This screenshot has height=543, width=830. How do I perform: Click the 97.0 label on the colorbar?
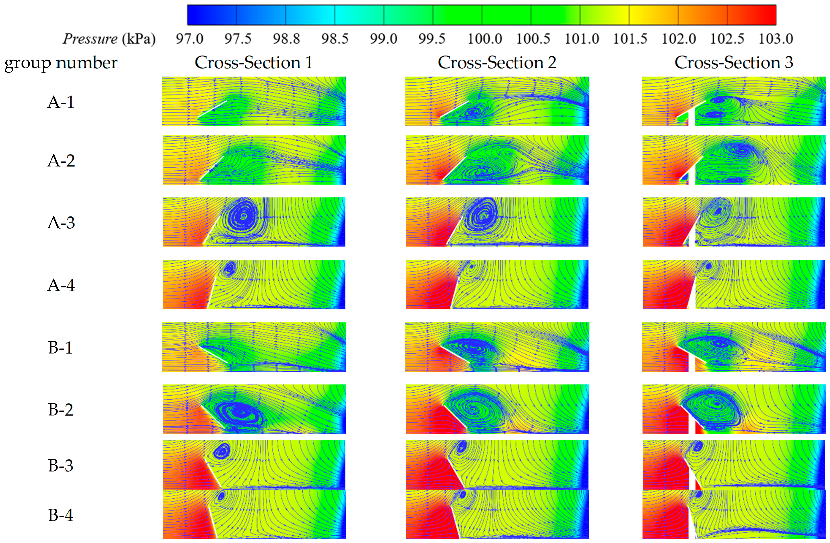pos(189,39)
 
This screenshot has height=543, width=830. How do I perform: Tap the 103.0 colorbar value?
pos(776,39)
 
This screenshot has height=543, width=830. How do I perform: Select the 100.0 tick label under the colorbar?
pos(484,39)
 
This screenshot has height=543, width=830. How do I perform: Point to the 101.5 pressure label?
pos(630,39)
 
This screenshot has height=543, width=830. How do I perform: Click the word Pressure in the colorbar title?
pos(90,39)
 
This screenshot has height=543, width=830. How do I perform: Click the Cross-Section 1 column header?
pos(254,63)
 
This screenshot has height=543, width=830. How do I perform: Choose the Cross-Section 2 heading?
pos(497,63)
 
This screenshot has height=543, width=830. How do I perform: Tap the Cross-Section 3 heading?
pos(734,63)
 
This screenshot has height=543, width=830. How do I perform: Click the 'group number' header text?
pos(61,63)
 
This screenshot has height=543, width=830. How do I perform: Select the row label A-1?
pos(61,102)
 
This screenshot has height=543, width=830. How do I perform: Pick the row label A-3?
pos(61,222)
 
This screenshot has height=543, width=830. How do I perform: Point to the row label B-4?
pos(61,515)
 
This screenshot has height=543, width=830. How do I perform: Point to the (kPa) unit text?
pos(139,39)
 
